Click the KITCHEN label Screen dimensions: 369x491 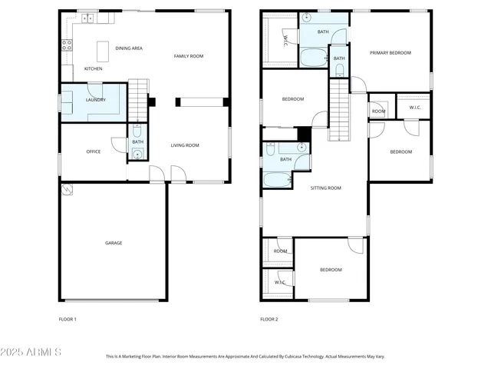click(x=94, y=69)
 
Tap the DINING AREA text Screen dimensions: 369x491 click(x=129, y=48)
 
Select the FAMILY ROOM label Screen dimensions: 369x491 click(x=188, y=56)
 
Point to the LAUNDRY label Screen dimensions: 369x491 click(x=96, y=100)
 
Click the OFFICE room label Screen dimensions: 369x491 click(x=94, y=151)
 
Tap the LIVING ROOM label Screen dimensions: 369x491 click(x=184, y=145)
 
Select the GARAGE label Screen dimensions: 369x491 click(x=114, y=243)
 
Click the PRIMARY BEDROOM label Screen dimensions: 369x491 click(x=390, y=53)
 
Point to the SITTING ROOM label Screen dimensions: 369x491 click(x=325, y=188)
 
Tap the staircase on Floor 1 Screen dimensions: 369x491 click(x=137, y=98)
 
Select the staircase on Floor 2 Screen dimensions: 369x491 click(x=339, y=112)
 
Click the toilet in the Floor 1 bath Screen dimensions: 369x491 click(x=137, y=131)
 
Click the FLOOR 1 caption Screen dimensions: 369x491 click(x=68, y=319)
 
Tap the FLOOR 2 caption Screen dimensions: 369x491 click(x=269, y=319)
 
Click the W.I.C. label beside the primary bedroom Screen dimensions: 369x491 click(x=414, y=107)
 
